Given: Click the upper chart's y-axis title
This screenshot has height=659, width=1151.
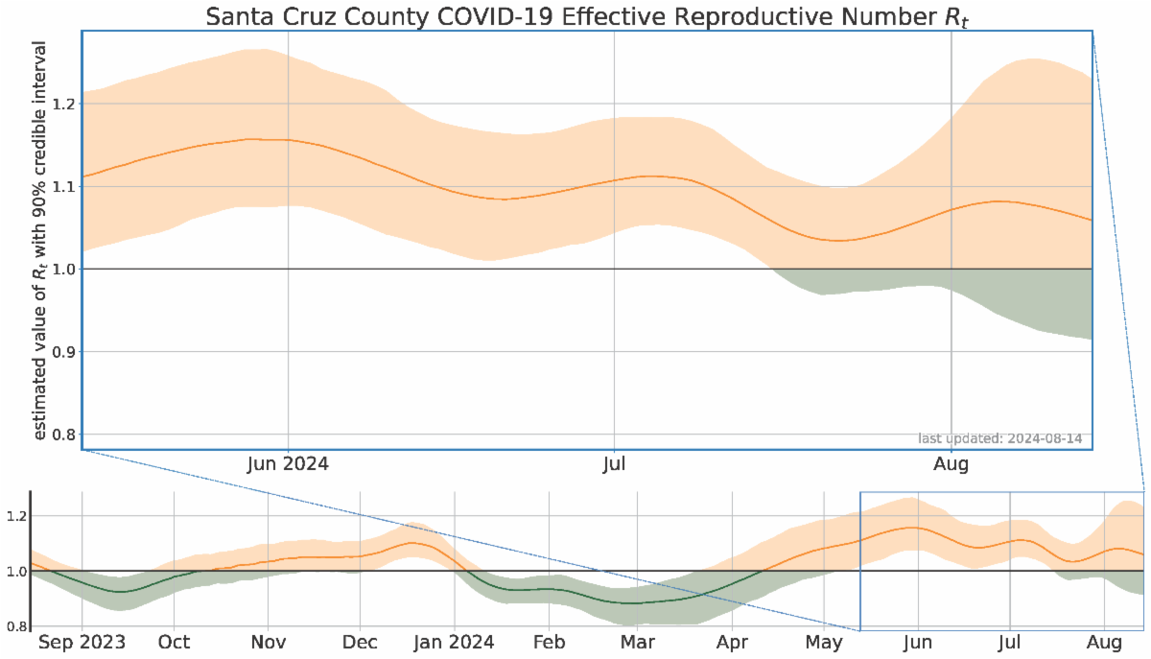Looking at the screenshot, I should pos(41,240).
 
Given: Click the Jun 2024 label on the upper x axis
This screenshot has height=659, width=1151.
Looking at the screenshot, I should pos(288,465).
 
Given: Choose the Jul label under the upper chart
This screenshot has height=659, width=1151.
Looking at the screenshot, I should pos(614,465).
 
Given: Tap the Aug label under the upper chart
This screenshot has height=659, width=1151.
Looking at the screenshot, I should pos(951,465).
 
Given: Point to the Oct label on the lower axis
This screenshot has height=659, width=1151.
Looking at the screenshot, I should pos(174,642).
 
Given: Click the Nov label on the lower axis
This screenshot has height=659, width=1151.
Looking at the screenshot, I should pos(269,642).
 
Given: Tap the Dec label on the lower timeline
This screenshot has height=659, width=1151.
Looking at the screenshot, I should pos(360,642).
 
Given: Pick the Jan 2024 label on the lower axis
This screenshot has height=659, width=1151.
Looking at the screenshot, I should pos(455,642).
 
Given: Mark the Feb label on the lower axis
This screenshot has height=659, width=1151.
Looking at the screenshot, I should pos(549,642).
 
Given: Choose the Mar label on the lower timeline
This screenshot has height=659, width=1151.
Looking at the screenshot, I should pos(637,642).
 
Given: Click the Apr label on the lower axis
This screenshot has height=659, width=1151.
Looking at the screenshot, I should pos(732,642).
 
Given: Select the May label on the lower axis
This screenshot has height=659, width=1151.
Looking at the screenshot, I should pos(823,642).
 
